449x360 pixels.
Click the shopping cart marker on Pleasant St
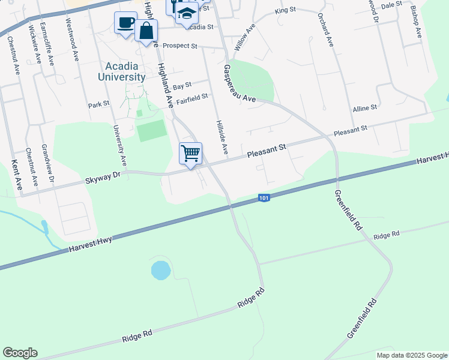pyautogui.click(x=190, y=154)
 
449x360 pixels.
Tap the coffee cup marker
pyautogui.click(x=125, y=23)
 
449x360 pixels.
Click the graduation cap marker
pyautogui.click(x=187, y=13)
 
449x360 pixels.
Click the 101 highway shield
pyautogui.click(x=264, y=197)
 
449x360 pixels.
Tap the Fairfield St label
pyautogui.click(x=191, y=96)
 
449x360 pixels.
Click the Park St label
pyautogui.click(x=98, y=104)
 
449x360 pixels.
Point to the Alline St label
pyautogui.click(x=364, y=107)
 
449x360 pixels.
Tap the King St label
pyautogui.click(x=285, y=11)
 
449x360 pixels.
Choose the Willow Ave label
pyautogui.click(x=242, y=41)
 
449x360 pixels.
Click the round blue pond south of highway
pyautogui.click(x=160, y=270)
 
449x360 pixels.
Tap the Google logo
pyautogui.click(x=20, y=353)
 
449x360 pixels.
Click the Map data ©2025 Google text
pyautogui.click(x=411, y=355)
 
